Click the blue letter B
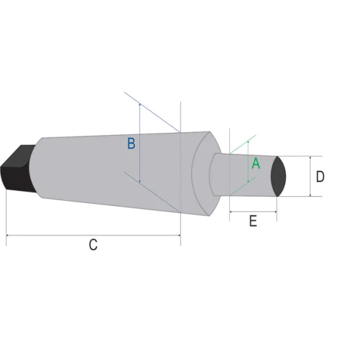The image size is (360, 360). [132, 143]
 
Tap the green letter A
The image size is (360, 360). [256, 164]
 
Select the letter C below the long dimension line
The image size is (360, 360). [93, 245]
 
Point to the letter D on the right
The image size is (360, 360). [320, 177]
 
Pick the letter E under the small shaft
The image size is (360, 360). [253, 221]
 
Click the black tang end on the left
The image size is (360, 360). [17, 168]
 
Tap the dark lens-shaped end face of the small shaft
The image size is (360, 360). [278, 176]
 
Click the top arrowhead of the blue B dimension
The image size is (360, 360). [140, 105]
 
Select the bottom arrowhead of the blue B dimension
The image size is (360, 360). [140, 181]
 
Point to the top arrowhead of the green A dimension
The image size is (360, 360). [248, 142]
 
